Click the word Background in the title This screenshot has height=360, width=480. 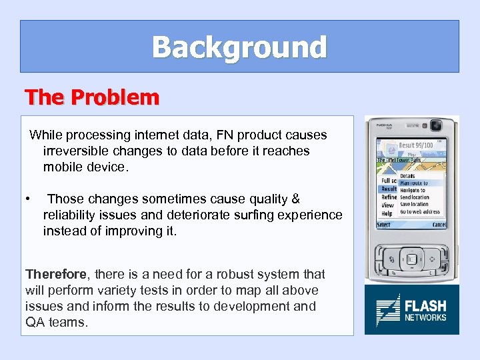coord(239,47)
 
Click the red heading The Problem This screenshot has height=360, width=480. coord(92,97)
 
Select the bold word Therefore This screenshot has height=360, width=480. coord(55,274)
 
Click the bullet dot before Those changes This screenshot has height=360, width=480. coord(28,199)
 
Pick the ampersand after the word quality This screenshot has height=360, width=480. coord(296,199)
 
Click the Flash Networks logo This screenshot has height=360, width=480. coord(411,310)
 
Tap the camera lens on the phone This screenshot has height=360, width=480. coord(437,126)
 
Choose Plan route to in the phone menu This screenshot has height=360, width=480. coord(413,183)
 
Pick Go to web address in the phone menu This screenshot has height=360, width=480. coord(419,211)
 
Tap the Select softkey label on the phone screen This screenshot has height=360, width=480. coord(384,225)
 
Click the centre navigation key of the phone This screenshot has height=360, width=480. coord(411,259)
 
